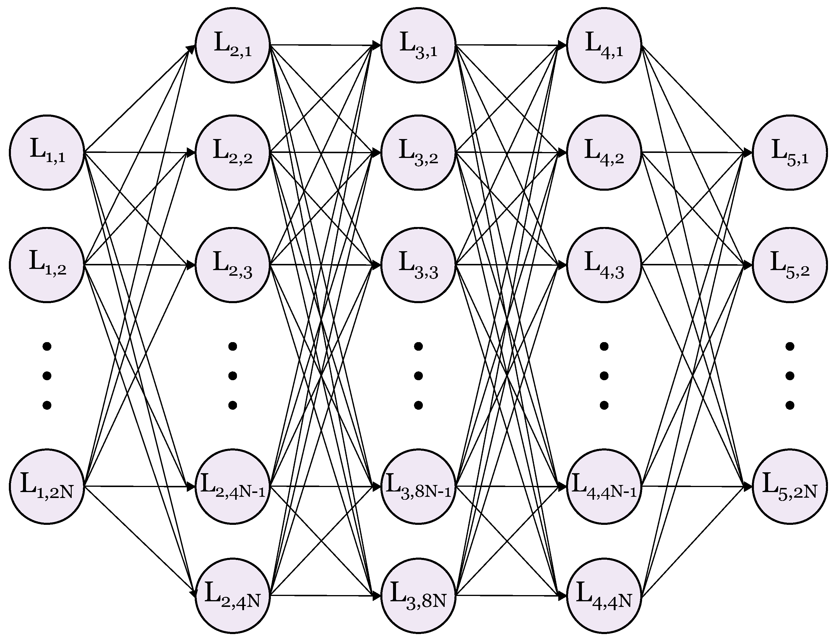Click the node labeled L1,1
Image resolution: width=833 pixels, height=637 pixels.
47,152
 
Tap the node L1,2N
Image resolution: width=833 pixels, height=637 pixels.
47,486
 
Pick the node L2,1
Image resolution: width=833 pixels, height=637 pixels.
233,45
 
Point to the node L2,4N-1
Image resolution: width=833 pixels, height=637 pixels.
233,486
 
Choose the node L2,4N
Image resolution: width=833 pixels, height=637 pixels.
233,595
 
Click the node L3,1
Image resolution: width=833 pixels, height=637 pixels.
418,45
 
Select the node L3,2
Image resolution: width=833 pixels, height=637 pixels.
418,152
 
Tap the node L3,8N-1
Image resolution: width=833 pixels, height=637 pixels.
418,486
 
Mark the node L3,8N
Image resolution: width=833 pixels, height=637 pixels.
418,595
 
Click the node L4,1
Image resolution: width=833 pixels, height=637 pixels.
604,45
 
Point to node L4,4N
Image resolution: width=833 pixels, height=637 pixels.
604,595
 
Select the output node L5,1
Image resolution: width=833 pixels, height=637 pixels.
790,152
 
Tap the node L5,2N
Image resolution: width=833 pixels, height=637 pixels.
790,486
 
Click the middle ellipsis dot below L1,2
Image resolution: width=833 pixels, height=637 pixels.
47,376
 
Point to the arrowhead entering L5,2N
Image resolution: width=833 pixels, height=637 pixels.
748,486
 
